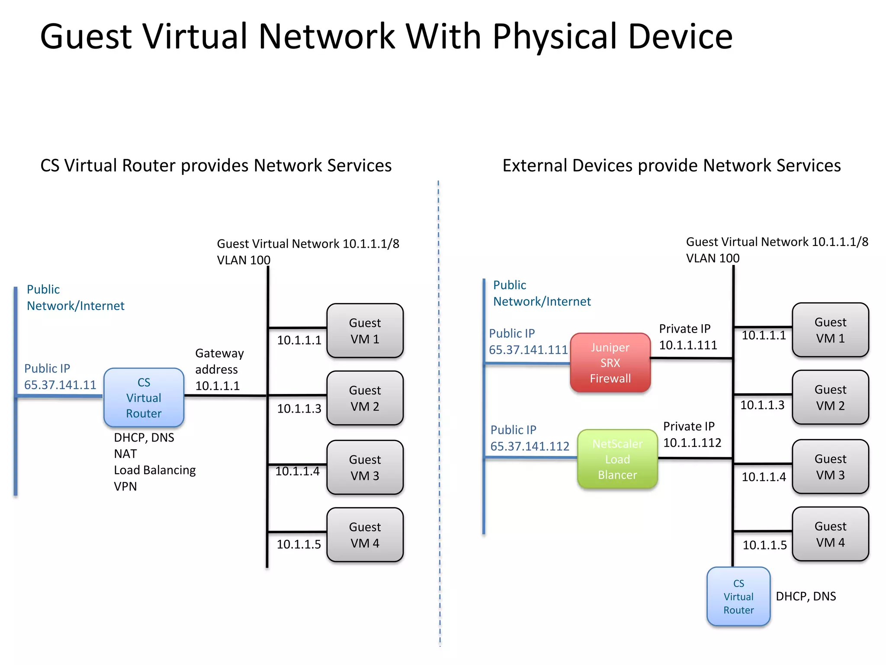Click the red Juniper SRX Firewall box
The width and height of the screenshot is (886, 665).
(610, 363)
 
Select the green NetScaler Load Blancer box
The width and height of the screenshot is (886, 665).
(617, 459)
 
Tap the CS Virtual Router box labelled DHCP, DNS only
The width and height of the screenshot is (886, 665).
(738, 597)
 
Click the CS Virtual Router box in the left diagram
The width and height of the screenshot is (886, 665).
(144, 397)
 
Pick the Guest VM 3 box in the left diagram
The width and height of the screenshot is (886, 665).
(365, 468)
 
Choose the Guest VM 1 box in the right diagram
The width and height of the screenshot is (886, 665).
(830, 330)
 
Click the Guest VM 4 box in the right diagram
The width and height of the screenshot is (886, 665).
(830, 534)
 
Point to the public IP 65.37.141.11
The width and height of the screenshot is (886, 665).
(60, 385)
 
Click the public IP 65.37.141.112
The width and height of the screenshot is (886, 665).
(530, 446)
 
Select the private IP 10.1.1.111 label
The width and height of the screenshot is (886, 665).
(688, 345)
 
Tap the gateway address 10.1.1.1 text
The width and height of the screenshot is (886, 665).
(217, 386)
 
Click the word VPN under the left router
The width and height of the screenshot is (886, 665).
(125, 487)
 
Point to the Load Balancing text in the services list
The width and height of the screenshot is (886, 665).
(154, 470)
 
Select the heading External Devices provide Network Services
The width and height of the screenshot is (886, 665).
(671, 165)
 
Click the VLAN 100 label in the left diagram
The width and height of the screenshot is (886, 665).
(243, 260)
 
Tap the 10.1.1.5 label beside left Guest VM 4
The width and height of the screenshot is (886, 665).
(299, 544)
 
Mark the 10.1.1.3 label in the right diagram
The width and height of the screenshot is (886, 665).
(762, 405)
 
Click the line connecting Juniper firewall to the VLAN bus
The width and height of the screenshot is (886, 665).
(691, 358)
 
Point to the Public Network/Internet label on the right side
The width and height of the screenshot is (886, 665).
(542, 293)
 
